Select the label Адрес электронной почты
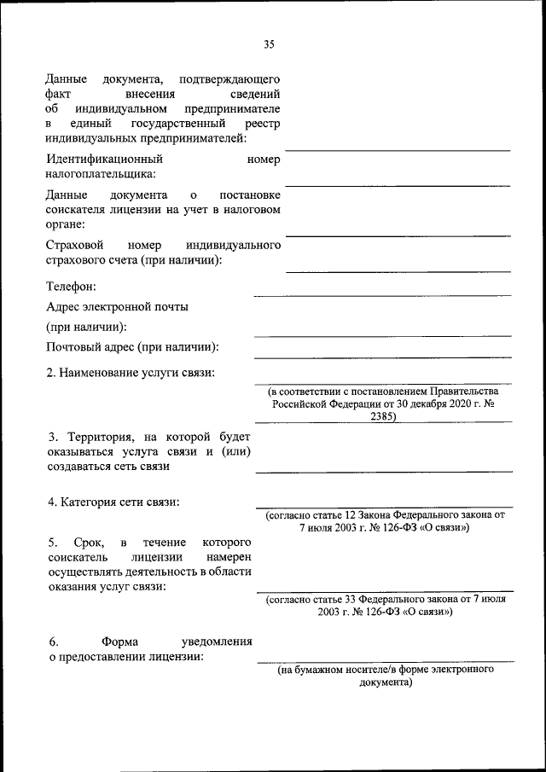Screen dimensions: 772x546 [118, 306]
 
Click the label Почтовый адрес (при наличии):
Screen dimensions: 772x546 [132, 346]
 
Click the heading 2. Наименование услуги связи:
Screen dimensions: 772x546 [131, 372]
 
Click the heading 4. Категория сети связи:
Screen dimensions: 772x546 [113, 502]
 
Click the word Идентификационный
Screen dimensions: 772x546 [105, 159]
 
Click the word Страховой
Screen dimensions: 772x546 [73, 246]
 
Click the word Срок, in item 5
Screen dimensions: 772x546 [89, 542]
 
